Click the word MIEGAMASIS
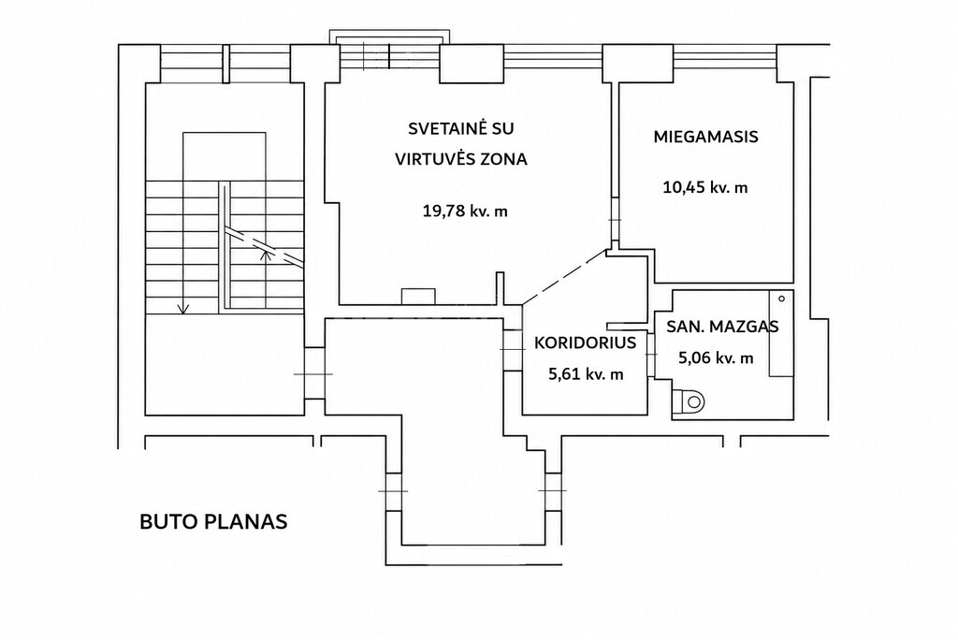point(705,137)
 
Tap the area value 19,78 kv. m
point(465,211)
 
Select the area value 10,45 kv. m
point(705,187)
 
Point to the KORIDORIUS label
point(585,342)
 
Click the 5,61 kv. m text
point(586,374)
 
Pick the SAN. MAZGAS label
point(722,327)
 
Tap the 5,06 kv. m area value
point(716,358)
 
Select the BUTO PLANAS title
point(213,522)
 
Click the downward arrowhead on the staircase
point(183,309)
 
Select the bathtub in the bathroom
point(781,334)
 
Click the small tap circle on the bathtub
point(781,299)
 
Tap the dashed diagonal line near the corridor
point(565,277)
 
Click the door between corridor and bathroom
point(651,355)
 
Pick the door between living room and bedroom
point(615,220)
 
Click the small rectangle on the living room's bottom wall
point(418,297)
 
